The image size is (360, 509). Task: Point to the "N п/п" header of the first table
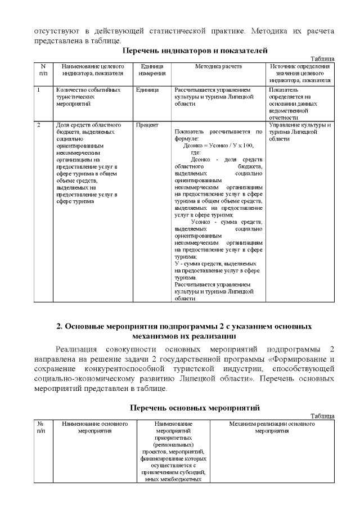pyautogui.click(x=43, y=70)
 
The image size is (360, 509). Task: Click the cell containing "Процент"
pyautogui.click(x=147, y=125)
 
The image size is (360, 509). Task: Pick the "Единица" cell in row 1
pyautogui.click(x=147, y=90)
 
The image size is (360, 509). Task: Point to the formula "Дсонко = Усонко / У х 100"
pyautogui.click(x=214, y=145)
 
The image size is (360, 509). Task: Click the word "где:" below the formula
pyautogui.click(x=196, y=152)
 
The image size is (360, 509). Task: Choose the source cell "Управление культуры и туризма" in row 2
pyautogui.click(x=299, y=132)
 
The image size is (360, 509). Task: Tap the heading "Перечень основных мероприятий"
pyautogui.click(x=186, y=407)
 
